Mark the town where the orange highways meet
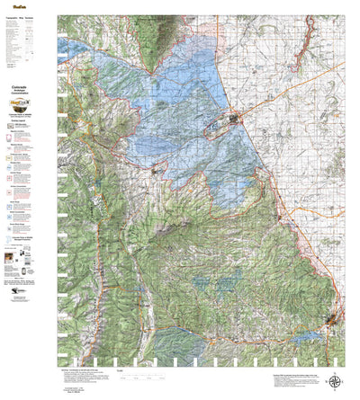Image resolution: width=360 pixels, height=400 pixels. coord(235,118)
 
